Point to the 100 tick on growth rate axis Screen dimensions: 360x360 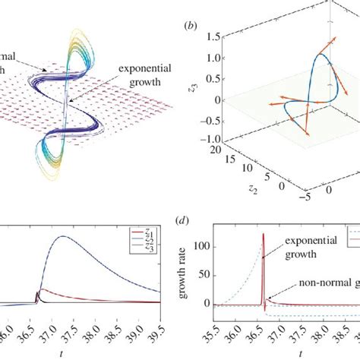pyautogui.click(x=201, y=248)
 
